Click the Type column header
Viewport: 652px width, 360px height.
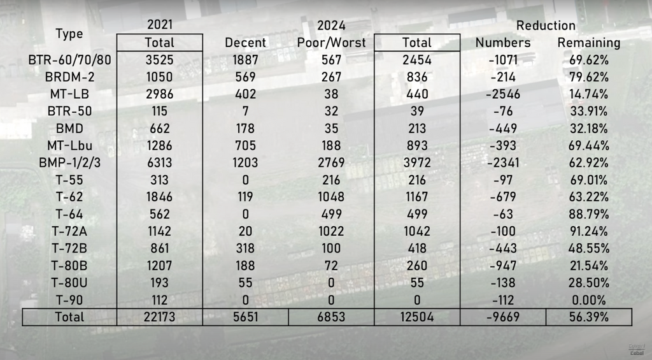[x=69, y=34]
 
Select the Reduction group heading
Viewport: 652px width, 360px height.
[x=546, y=25]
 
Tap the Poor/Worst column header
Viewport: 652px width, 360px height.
[x=331, y=43]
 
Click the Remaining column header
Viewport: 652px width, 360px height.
[x=588, y=43]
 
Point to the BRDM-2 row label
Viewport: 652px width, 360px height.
[x=69, y=77]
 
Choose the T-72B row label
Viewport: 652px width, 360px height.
[x=69, y=248]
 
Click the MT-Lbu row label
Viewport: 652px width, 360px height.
[x=69, y=145]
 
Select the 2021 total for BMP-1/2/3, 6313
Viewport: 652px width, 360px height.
[x=159, y=162]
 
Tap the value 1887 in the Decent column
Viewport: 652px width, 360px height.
[x=246, y=60]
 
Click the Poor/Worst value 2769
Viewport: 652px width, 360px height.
[x=331, y=162]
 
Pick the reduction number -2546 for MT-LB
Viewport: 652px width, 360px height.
[x=502, y=94]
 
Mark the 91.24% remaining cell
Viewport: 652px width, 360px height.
[x=588, y=231]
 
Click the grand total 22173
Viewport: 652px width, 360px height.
[x=159, y=317]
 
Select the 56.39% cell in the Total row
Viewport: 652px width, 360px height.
[x=588, y=317]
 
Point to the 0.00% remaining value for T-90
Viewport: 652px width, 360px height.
[x=588, y=299]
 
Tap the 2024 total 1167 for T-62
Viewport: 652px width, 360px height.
[x=417, y=197]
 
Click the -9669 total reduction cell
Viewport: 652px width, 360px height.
[x=502, y=317]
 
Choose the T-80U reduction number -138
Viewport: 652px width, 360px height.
[x=502, y=282]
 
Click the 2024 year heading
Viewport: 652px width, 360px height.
[x=331, y=25]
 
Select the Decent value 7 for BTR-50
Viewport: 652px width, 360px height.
[x=246, y=112]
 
